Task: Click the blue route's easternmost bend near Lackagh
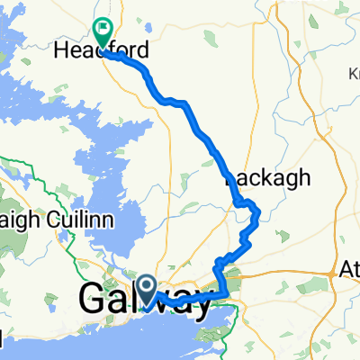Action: (259, 212)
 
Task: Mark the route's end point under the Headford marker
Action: (105, 52)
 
